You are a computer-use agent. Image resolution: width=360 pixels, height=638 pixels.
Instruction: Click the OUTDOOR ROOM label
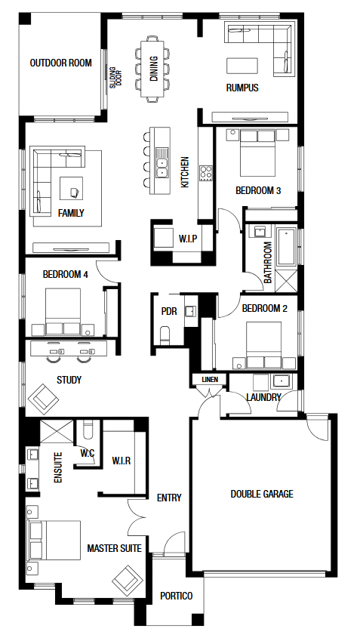(60, 63)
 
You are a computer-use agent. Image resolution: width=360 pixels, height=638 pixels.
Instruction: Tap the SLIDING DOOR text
(115, 77)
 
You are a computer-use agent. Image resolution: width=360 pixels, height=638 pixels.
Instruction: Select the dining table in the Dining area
(152, 69)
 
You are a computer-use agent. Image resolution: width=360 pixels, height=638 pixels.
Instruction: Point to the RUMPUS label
(242, 88)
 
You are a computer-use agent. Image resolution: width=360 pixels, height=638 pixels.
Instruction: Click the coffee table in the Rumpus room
(242, 66)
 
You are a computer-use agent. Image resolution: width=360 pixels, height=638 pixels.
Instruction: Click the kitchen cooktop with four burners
(206, 172)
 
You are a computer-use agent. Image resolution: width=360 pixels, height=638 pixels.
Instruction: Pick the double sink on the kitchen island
(163, 168)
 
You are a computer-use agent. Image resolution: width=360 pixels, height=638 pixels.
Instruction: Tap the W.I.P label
(188, 239)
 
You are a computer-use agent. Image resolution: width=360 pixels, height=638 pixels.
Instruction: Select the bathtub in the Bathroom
(287, 247)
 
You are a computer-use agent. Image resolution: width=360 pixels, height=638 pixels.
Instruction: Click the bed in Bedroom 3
(257, 153)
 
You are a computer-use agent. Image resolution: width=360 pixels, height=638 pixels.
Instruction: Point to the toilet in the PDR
(165, 335)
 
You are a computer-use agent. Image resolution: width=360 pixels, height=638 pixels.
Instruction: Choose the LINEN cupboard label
(210, 380)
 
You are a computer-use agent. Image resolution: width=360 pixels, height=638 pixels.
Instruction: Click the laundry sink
(281, 381)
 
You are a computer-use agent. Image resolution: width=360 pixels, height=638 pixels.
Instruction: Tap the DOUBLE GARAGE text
(262, 494)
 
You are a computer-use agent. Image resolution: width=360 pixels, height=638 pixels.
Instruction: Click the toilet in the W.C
(88, 430)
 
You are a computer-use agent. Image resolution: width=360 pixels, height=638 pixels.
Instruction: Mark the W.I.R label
(122, 461)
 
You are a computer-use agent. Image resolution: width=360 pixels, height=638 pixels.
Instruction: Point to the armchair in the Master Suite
(128, 581)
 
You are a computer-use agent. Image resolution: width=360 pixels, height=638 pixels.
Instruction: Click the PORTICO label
(176, 596)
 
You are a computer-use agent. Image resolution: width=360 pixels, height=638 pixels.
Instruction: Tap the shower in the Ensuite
(57, 431)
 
